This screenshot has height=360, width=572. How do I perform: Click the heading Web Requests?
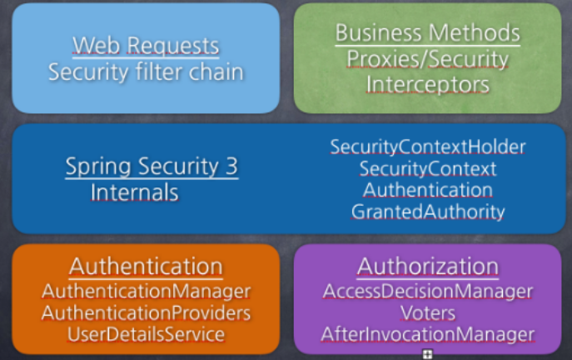[x=146, y=45]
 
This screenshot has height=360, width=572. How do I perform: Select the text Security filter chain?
[x=146, y=72]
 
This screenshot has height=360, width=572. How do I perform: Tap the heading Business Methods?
[x=427, y=33]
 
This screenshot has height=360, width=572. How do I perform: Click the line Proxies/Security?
[x=427, y=59]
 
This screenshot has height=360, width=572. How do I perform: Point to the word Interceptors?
[x=427, y=85]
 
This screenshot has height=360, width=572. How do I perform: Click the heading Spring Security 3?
[x=151, y=167]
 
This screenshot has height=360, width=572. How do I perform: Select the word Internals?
[x=134, y=192]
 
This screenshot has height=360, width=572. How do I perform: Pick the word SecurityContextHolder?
[x=427, y=147]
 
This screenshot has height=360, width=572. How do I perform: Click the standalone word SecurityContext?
[x=427, y=168]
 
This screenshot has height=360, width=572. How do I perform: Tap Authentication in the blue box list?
[x=427, y=190]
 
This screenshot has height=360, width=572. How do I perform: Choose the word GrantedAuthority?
[x=427, y=212]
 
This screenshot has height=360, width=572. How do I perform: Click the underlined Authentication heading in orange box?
[x=146, y=266]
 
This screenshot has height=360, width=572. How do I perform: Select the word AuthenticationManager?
[x=146, y=292]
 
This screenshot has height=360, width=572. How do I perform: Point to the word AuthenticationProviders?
[x=146, y=313]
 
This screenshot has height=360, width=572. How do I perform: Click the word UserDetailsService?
[x=146, y=334]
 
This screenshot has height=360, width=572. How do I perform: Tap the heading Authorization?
[x=427, y=266]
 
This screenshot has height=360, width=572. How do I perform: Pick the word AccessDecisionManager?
[x=427, y=292]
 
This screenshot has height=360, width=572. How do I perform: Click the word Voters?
[x=427, y=313]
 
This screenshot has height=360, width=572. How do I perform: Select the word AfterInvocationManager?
[x=427, y=334]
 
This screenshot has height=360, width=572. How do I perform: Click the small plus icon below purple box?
[x=427, y=354]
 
